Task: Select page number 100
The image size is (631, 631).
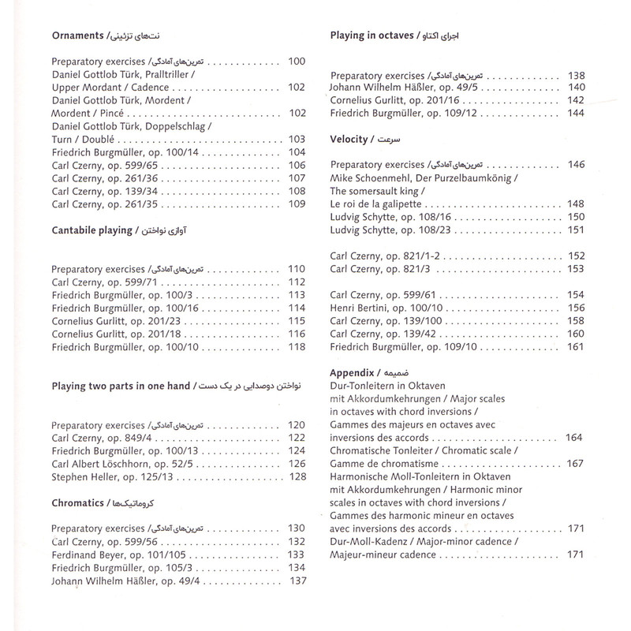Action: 297,62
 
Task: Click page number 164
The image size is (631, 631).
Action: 573,437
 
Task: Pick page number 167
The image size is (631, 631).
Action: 573,463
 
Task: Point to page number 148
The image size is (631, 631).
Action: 575,203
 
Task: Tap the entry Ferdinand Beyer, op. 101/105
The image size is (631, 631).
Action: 115,555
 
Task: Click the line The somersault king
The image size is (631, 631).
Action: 374,190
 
